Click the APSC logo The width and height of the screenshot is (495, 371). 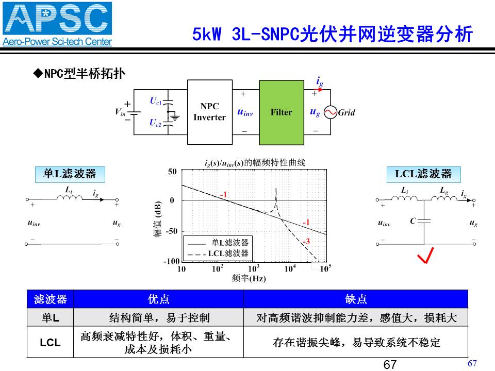point(57,24)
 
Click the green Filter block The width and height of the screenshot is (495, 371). point(282,112)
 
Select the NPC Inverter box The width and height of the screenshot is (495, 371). point(210,112)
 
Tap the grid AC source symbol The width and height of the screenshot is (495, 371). point(331,112)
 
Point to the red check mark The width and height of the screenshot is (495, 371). point(425,255)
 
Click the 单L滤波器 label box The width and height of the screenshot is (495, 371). point(70,175)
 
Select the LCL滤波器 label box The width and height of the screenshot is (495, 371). point(424,175)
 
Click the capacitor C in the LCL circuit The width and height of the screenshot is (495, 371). point(424,221)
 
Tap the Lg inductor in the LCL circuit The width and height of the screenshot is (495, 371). point(444,197)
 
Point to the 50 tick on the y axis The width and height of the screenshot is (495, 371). point(172,172)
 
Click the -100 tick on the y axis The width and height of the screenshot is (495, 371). point(171,261)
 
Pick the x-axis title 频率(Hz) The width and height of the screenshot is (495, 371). point(249,278)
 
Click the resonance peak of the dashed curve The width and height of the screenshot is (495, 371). point(276,189)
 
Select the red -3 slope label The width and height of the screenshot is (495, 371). point(306,242)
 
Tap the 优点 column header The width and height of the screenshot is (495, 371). point(158,299)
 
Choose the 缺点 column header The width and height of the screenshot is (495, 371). point(356,299)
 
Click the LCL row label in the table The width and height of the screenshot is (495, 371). point(50,342)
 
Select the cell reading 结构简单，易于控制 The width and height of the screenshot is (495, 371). point(159,318)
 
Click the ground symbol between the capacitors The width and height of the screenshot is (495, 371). point(174,117)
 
